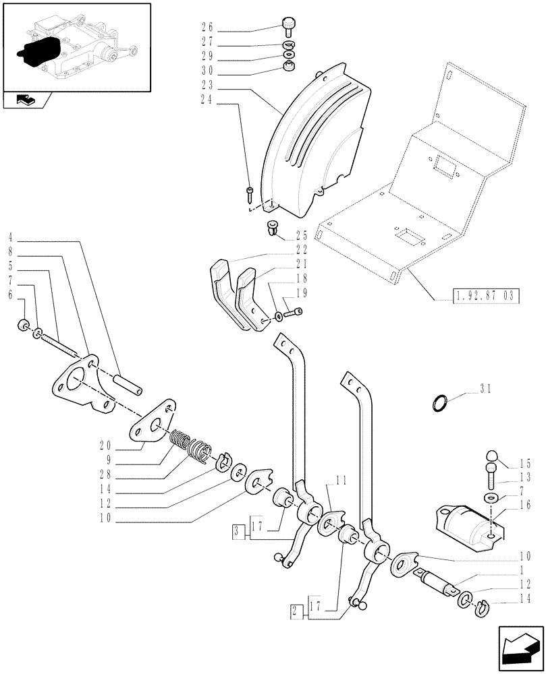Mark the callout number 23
207,86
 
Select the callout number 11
341,481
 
